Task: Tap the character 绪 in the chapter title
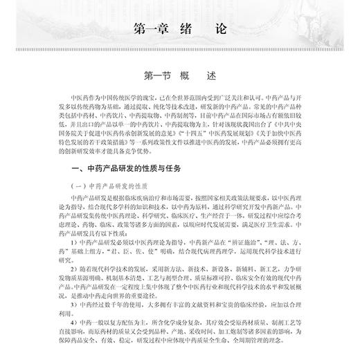(193, 30)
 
